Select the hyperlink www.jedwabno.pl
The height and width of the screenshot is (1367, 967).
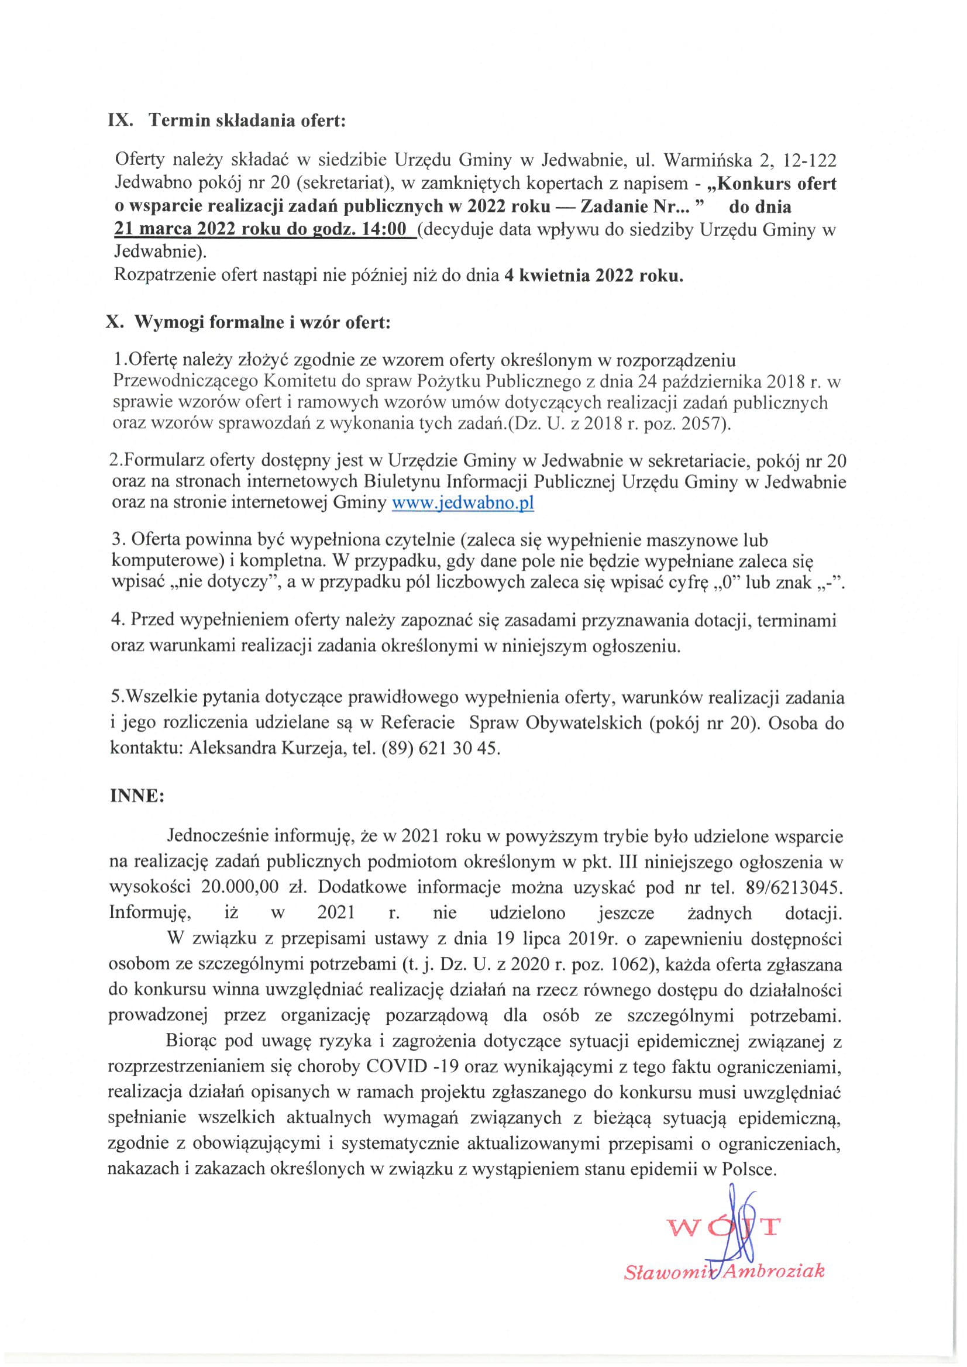pos(462,503)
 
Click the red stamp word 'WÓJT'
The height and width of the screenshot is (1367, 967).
pos(724,1228)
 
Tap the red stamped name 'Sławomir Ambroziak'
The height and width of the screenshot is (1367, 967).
pos(724,1272)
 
